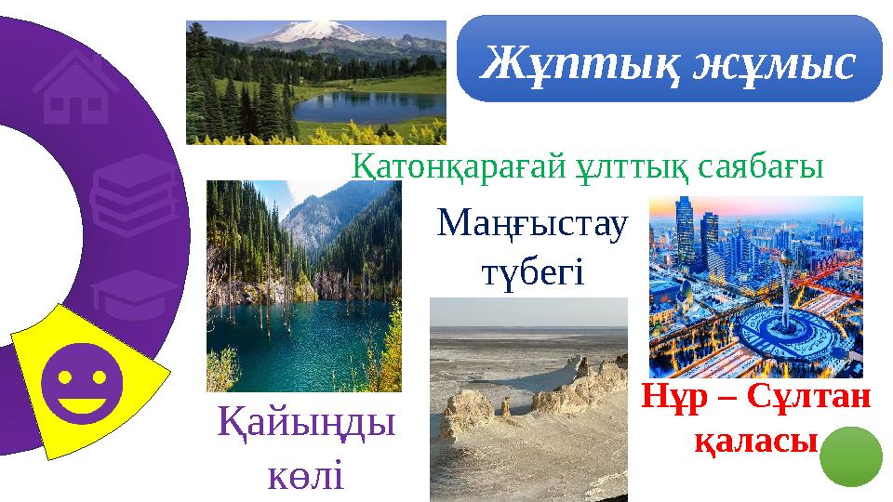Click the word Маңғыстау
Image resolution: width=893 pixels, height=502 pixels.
tap(533, 224)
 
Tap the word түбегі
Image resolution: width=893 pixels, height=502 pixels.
tap(531, 272)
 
